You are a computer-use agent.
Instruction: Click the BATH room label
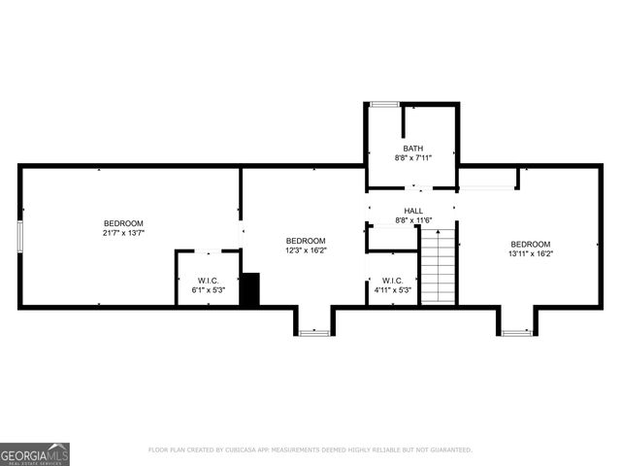[413, 149]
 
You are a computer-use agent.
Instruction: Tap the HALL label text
[413, 211]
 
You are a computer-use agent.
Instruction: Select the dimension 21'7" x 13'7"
[123, 233]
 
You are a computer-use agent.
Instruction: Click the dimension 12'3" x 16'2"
[306, 250]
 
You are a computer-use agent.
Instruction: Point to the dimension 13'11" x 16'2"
[531, 253]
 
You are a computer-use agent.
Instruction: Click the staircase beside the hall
[438, 266]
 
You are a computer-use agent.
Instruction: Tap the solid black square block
[249, 290]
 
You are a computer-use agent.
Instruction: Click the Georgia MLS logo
[35, 453]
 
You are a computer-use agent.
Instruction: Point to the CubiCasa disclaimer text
[310, 450]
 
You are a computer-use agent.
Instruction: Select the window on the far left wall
[19, 237]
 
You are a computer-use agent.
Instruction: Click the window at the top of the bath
[384, 104]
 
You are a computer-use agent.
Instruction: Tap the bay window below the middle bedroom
[314, 333]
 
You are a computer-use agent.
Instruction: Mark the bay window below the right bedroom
[517, 333]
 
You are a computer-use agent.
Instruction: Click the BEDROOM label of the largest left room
[123, 223]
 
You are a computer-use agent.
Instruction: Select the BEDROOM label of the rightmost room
[531, 244]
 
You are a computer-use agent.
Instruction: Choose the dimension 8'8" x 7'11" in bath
[413, 157]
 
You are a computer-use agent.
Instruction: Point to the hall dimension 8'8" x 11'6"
[413, 220]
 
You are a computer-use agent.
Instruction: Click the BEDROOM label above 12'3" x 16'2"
[306, 240]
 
